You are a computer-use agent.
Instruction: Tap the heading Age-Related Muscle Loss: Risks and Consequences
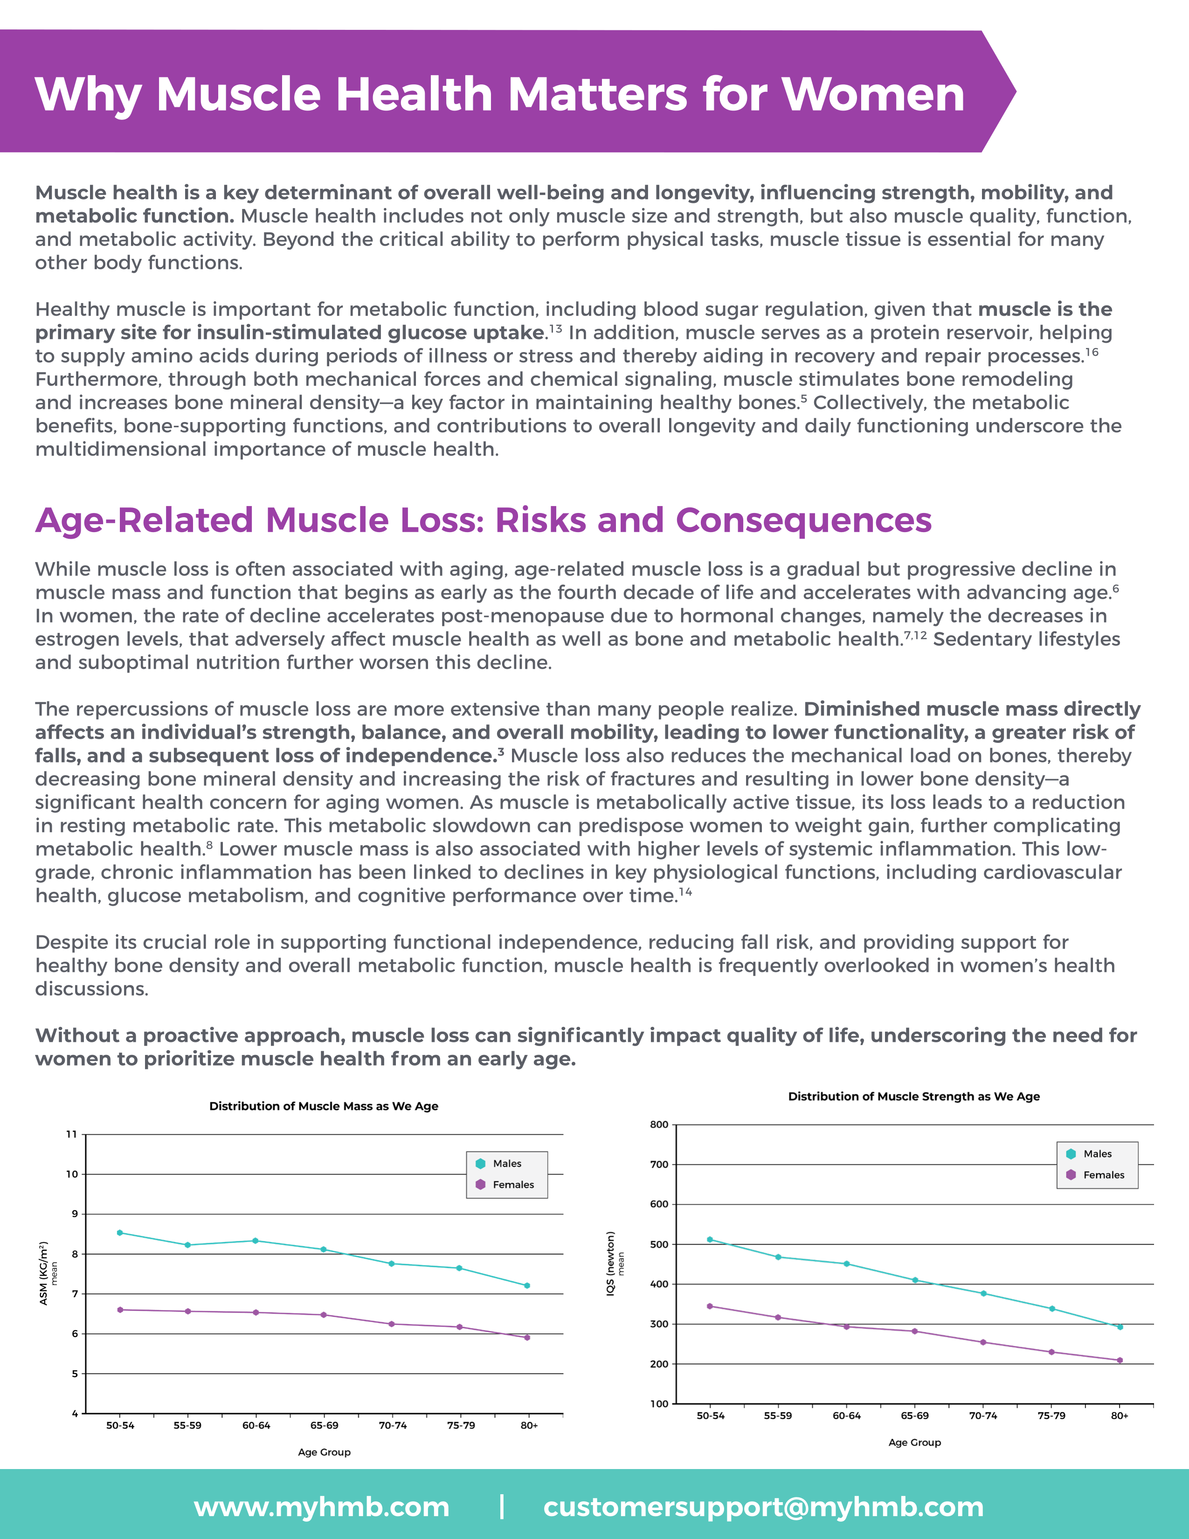(x=483, y=521)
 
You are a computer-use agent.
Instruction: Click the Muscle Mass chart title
(x=323, y=1106)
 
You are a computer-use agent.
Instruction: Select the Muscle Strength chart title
(x=913, y=1096)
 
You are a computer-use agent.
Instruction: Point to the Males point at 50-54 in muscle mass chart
(x=120, y=1233)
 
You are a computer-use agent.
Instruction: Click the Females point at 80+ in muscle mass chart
(x=527, y=1338)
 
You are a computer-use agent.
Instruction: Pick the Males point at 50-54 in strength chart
(x=710, y=1240)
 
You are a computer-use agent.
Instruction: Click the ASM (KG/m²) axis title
(x=44, y=1273)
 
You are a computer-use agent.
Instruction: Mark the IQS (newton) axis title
(x=611, y=1263)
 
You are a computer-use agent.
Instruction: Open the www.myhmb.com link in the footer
(x=322, y=1507)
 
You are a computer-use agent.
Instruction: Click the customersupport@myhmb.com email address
(x=763, y=1507)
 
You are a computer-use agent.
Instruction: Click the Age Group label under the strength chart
(x=914, y=1442)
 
